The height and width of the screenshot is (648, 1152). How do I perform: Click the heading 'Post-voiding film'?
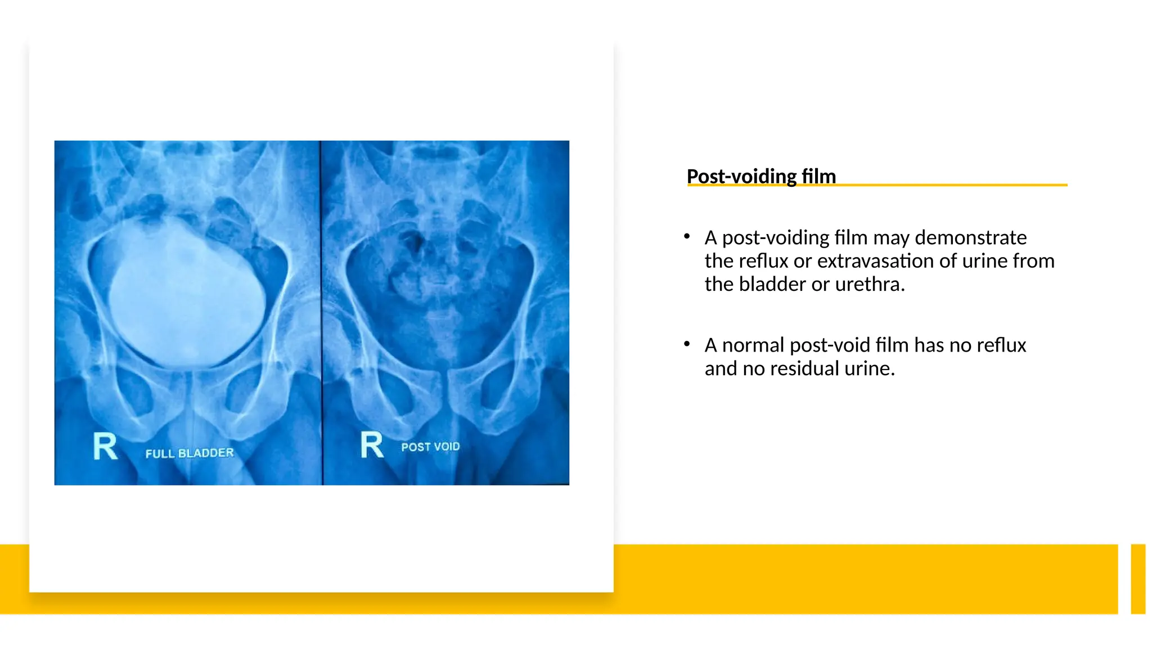coord(760,176)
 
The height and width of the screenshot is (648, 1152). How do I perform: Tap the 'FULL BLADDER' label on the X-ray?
coord(189,453)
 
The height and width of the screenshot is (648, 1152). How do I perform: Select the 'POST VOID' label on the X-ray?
coord(430,447)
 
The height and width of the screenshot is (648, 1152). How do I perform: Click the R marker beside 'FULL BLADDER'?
coord(105,447)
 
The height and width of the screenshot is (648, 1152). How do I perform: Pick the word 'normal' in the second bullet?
coord(753,345)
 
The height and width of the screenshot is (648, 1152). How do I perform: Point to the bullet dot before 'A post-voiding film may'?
coord(687,237)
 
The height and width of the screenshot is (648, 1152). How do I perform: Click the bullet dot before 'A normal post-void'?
coord(687,344)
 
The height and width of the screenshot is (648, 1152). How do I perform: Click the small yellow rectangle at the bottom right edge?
coord(1138,579)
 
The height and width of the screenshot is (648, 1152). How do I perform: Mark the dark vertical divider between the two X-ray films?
coord(322,312)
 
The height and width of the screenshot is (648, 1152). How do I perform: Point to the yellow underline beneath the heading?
coord(956,184)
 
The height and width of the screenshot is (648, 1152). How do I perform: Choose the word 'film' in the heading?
coord(819,176)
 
